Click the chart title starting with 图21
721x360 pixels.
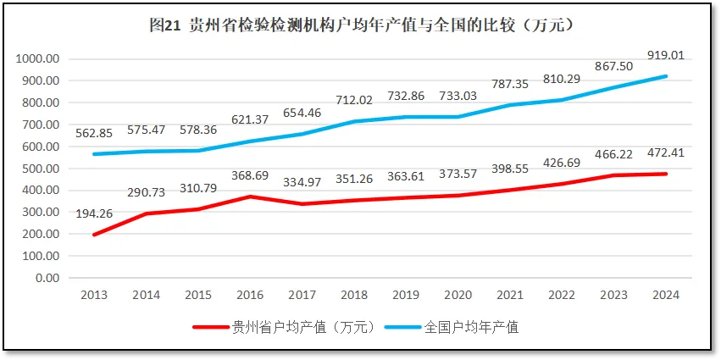coord(361,25)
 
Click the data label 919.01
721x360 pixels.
coord(665,56)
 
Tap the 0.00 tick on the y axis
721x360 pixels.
coord(47,278)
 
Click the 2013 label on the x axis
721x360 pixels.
coord(93,294)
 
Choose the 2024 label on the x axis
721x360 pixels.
coord(666,294)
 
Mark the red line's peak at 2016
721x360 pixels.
coord(249,197)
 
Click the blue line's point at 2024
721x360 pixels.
coord(666,76)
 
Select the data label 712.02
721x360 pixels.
coord(353,101)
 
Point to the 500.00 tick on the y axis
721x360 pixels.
coord(41,169)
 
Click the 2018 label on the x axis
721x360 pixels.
coord(353,294)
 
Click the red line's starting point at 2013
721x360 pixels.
coord(93,235)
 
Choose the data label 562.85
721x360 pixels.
coord(93,134)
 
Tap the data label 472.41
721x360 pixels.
coord(665,154)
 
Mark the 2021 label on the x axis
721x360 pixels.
coord(510,294)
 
